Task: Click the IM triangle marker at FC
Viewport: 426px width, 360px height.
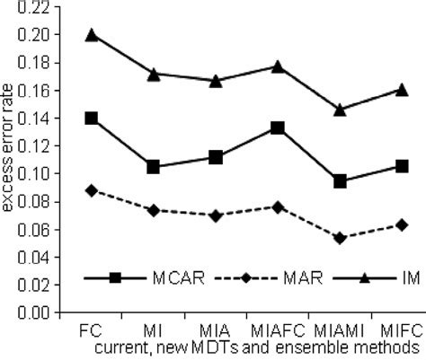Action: (x=91, y=34)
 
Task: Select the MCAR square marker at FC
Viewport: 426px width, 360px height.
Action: (x=91, y=118)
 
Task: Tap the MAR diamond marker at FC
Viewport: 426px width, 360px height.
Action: (x=91, y=190)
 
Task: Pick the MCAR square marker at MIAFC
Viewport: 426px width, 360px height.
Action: (x=278, y=128)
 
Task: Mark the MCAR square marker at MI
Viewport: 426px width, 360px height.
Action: (x=154, y=167)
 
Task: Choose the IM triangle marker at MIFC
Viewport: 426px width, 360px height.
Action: (x=402, y=89)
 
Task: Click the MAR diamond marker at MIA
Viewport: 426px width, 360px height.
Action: (x=216, y=215)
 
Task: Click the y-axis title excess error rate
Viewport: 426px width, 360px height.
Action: (x=8, y=161)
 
